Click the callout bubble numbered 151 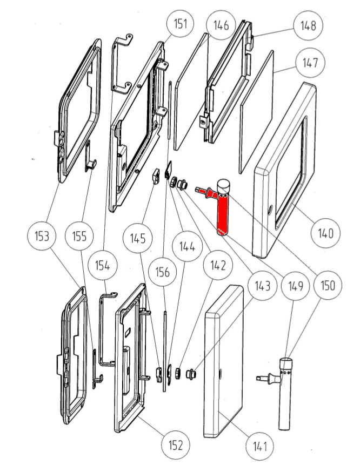tap(181, 24)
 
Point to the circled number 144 tap(187, 247)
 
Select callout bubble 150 tap(326, 286)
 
